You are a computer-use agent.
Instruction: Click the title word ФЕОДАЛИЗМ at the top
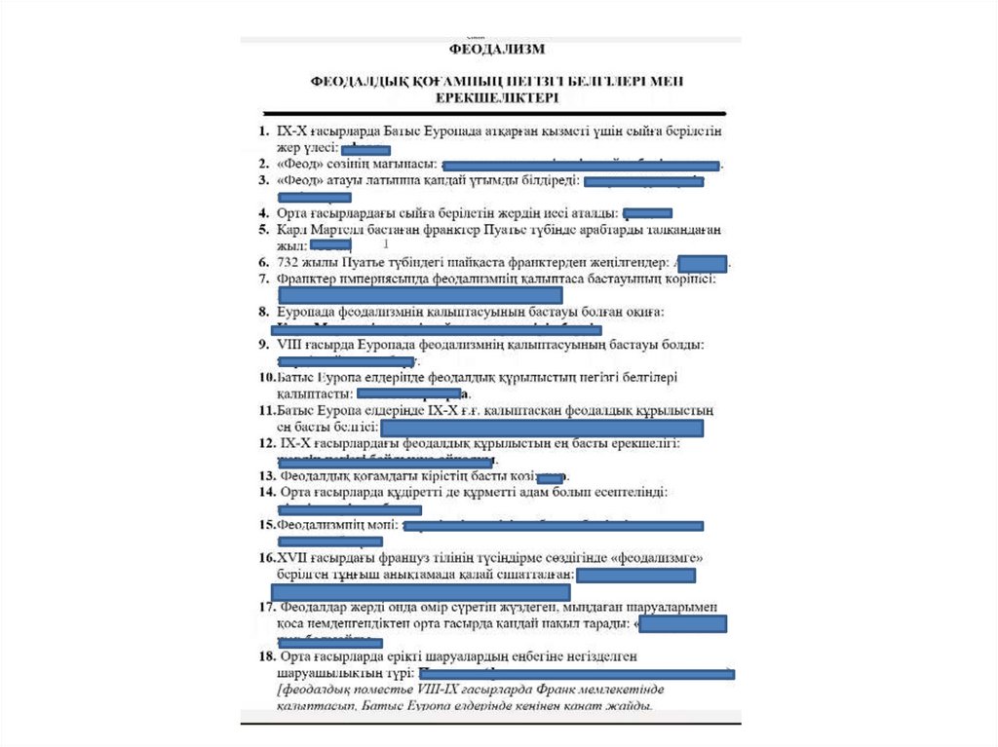click(x=496, y=47)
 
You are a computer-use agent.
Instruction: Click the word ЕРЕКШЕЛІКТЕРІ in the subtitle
click(x=497, y=98)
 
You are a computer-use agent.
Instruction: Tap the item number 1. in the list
click(x=264, y=131)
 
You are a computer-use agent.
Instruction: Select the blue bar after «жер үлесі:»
click(x=365, y=149)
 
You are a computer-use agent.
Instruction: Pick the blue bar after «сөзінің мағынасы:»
click(x=582, y=167)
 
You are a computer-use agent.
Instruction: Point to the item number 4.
click(x=264, y=212)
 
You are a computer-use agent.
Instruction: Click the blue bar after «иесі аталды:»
click(x=647, y=213)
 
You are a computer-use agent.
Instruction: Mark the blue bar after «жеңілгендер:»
click(x=702, y=263)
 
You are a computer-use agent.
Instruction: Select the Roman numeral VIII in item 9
click(x=291, y=344)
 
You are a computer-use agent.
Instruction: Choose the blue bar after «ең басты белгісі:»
click(x=541, y=429)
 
